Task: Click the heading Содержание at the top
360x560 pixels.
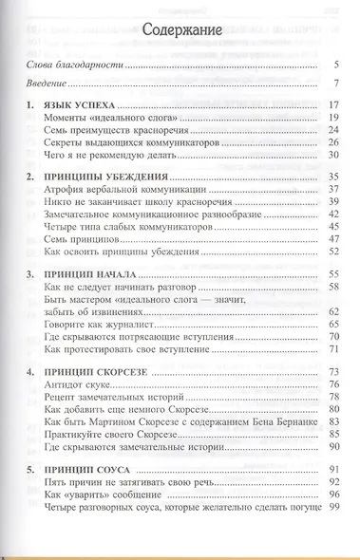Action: [180, 31]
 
